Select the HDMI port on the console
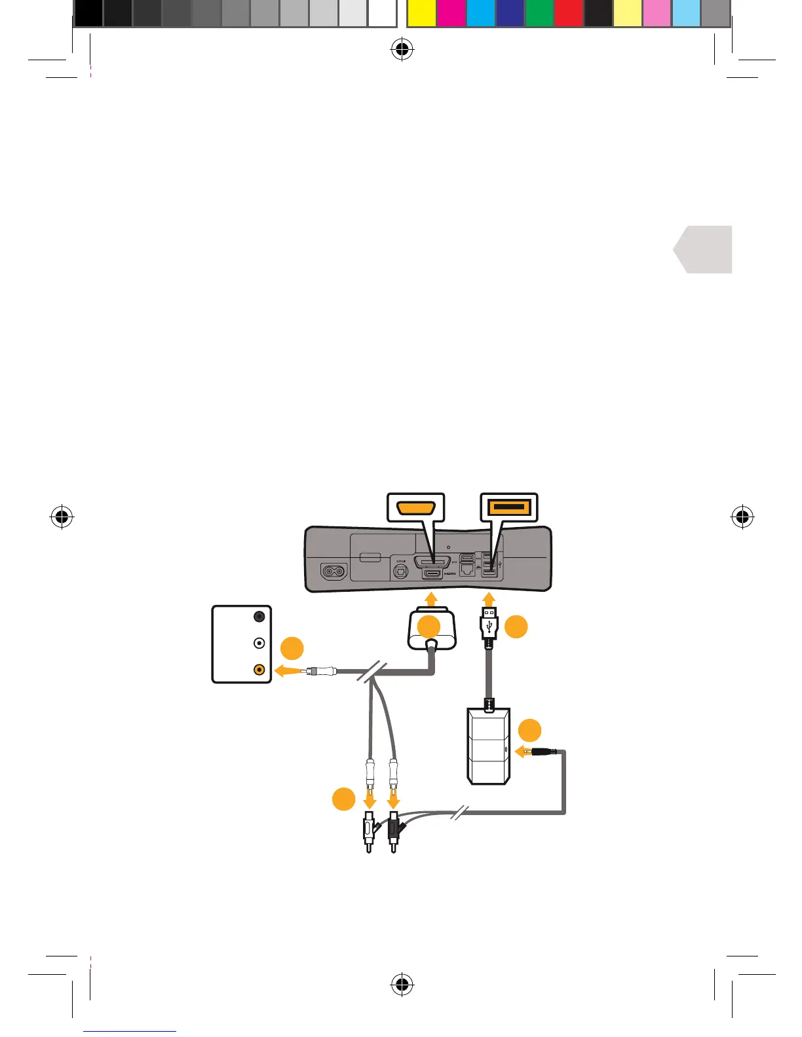pyautogui.click(x=432, y=573)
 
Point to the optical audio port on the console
pyautogui.click(x=400, y=571)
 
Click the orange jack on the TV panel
pyautogui.click(x=259, y=670)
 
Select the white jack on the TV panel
pyautogui.click(x=259, y=643)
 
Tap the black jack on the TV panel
pyautogui.click(x=259, y=616)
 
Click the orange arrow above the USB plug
pyautogui.click(x=489, y=598)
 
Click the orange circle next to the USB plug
pyautogui.click(x=516, y=627)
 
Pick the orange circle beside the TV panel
pyautogui.click(x=292, y=649)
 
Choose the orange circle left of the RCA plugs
pyautogui.click(x=343, y=799)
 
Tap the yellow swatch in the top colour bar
pyautogui.click(x=421, y=14)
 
